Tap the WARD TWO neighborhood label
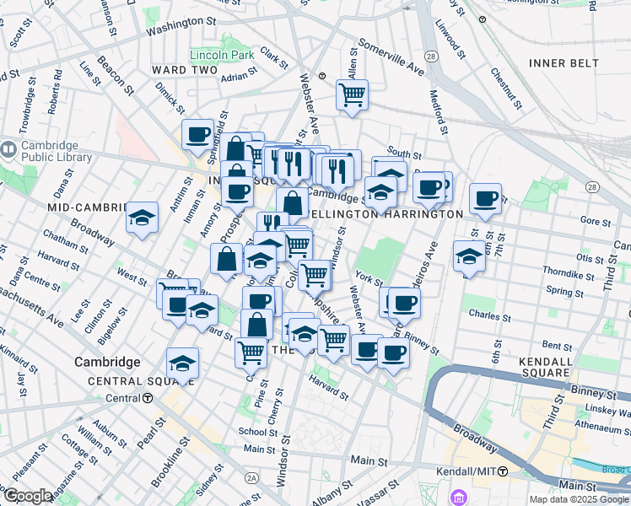[x=185, y=69]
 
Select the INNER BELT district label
[x=563, y=63]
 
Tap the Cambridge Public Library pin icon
[x=8, y=150]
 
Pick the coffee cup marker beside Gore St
[x=485, y=199]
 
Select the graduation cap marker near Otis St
[x=468, y=256]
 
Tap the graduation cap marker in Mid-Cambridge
[x=143, y=218]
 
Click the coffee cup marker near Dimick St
[x=198, y=135]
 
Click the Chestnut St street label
[x=505, y=88]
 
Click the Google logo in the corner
[x=29, y=496]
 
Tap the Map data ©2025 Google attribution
[x=579, y=499]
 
